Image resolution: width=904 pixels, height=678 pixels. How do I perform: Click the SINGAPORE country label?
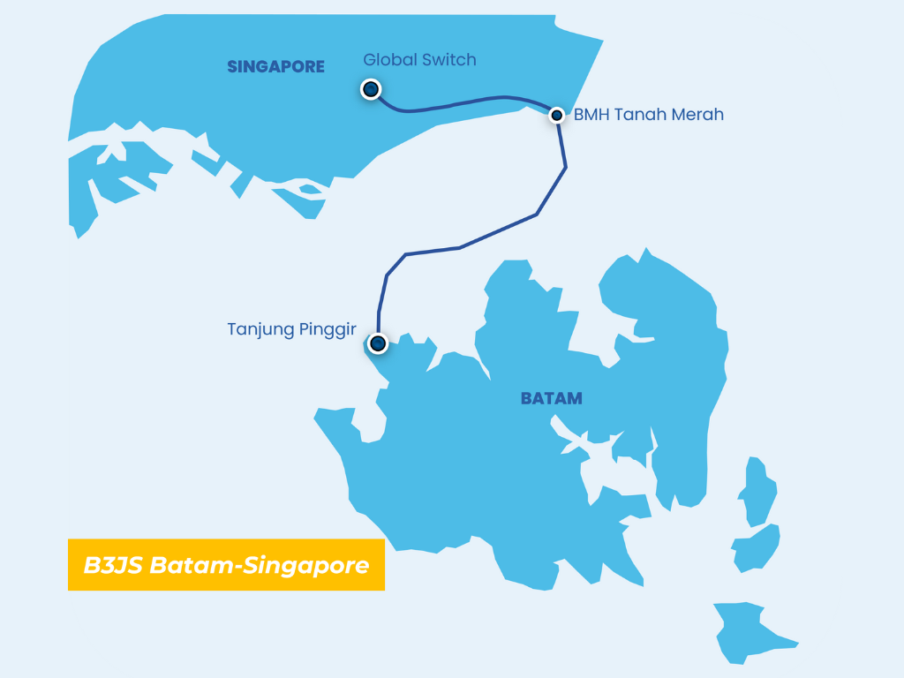(275, 66)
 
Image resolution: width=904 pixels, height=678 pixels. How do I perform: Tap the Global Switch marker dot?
(371, 89)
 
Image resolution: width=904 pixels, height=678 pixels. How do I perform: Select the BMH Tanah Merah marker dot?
(557, 115)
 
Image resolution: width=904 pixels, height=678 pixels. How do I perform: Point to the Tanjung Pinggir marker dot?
(378, 343)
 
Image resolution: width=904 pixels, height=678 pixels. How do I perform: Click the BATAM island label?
(552, 398)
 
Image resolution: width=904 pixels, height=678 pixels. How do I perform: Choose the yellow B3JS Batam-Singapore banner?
(226, 565)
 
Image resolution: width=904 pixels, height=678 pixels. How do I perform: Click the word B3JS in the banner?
(113, 565)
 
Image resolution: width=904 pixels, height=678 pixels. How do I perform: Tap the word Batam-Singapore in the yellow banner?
(260, 565)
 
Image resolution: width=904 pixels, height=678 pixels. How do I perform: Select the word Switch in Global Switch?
(448, 60)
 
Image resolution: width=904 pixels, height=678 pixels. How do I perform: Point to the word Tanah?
(638, 115)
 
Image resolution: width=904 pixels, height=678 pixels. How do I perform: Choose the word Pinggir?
(326, 330)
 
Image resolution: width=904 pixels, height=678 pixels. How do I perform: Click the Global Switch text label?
(419, 60)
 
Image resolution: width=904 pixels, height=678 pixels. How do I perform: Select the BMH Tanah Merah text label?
(649, 115)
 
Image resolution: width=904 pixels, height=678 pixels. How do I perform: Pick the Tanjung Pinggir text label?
(291, 330)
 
